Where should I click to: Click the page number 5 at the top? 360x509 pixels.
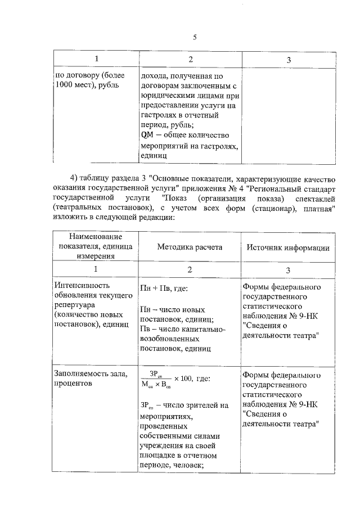[x=194, y=37]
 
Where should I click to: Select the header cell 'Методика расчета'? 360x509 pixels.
[x=189, y=247]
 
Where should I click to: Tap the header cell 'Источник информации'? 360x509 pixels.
[x=286, y=247]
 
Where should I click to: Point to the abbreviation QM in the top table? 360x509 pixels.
[x=147, y=134]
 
